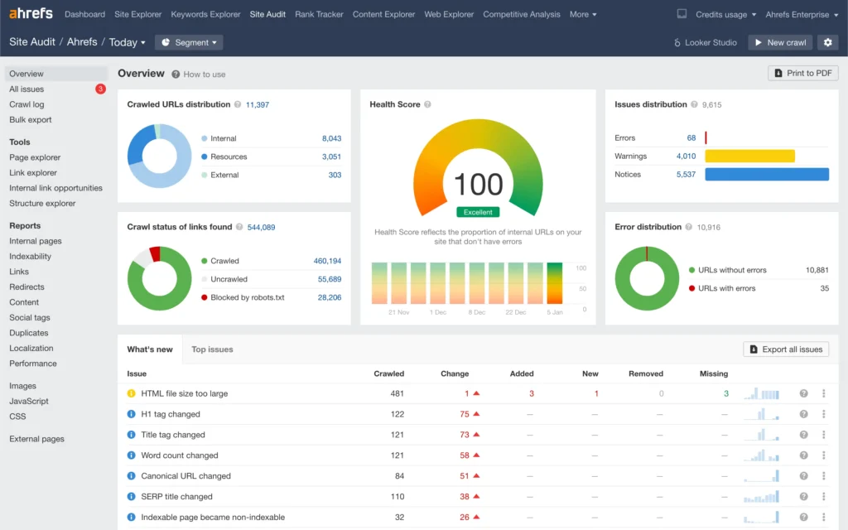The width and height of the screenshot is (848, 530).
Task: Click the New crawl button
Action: click(780, 42)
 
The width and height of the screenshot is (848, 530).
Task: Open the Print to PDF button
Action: click(802, 74)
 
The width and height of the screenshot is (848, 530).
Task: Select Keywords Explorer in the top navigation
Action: click(205, 14)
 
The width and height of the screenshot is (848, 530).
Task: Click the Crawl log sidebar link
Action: click(26, 104)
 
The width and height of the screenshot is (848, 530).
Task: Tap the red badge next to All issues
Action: click(100, 89)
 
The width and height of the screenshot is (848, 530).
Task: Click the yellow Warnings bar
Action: click(749, 156)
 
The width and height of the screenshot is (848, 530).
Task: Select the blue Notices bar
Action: click(766, 174)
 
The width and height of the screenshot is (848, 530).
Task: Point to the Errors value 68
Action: click(691, 138)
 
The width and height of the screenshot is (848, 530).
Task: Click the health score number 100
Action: click(478, 184)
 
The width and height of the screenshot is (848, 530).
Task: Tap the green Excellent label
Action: click(478, 212)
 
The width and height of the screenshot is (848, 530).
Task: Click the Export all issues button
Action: click(785, 349)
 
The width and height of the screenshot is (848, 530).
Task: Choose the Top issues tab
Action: click(212, 349)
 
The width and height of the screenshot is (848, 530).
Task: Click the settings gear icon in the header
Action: click(827, 42)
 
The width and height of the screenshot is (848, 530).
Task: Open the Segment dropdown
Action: click(189, 42)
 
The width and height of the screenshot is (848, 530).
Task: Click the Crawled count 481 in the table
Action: click(397, 394)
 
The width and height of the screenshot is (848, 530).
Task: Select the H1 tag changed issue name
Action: click(171, 414)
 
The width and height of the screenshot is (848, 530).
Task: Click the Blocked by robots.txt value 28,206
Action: click(329, 297)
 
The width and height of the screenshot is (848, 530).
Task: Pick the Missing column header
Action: click(713, 373)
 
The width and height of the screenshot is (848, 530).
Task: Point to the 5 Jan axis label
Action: click(554, 312)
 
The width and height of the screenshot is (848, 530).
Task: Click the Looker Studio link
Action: click(705, 42)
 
